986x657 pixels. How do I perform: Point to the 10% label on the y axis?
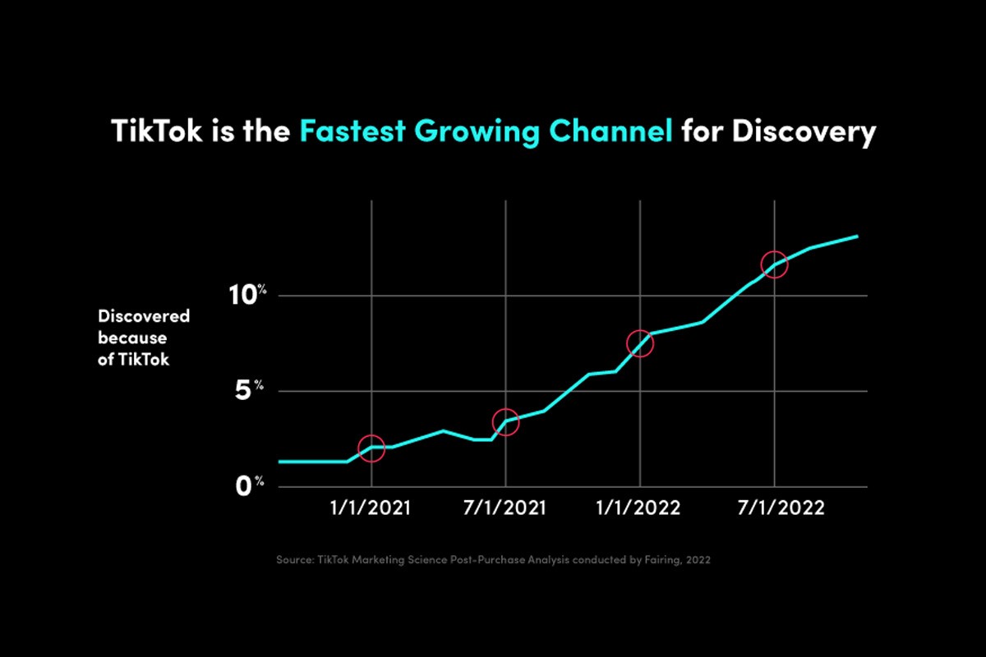click(x=247, y=295)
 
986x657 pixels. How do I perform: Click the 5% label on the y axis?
click(x=249, y=390)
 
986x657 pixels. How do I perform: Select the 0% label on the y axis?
click(x=250, y=486)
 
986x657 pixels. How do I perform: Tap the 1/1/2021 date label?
click(x=371, y=508)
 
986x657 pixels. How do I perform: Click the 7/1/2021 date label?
click(x=505, y=508)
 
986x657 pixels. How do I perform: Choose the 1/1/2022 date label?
click(x=638, y=508)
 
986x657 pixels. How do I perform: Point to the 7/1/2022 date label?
click(x=781, y=508)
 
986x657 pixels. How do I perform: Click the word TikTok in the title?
click(x=157, y=131)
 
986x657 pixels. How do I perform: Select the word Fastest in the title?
click(x=352, y=131)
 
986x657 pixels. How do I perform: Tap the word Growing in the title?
click(x=477, y=132)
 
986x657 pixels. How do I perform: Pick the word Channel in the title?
click(x=610, y=131)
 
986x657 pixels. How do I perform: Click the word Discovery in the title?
click(x=804, y=132)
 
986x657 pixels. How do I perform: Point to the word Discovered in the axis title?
click(x=144, y=316)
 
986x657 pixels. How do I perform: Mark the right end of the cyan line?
click(x=857, y=237)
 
